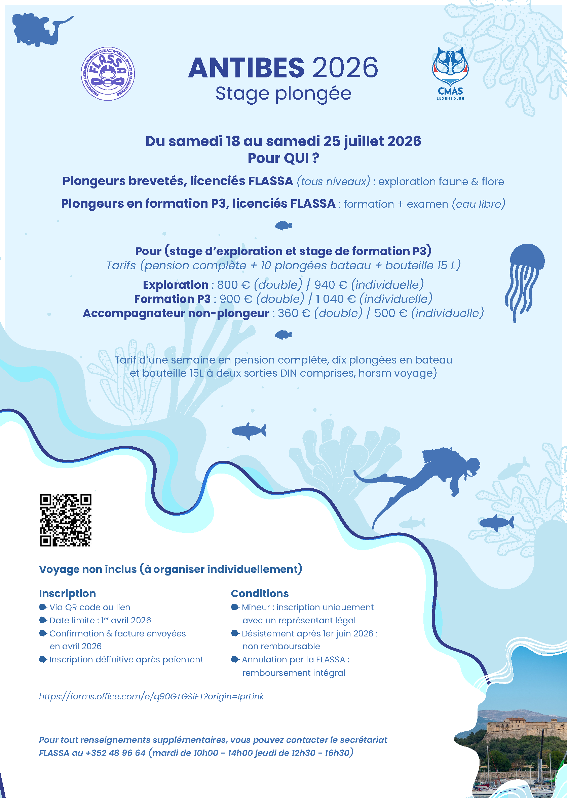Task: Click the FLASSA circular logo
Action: (108, 73)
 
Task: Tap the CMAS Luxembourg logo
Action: (450, 73)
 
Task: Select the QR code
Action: (66, 520)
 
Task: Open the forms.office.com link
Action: (151, 696)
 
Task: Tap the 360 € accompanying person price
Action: (294, 313)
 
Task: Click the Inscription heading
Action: (67, 593)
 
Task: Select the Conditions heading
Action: (260, 593)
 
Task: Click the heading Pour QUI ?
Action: (283, 158)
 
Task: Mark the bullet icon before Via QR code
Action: (43, 607)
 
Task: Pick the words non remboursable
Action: (281, 646)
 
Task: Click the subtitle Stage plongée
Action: (283, 94)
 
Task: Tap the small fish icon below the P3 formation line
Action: (283, 226)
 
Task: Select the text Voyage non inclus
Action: (88, 569)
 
